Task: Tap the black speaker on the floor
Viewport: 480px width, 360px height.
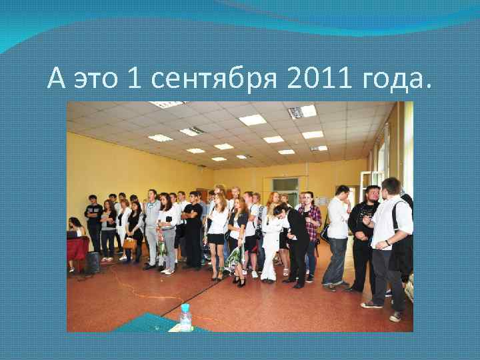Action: [x=93, y=263]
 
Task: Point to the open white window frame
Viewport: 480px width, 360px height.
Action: [x=367, y=183]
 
